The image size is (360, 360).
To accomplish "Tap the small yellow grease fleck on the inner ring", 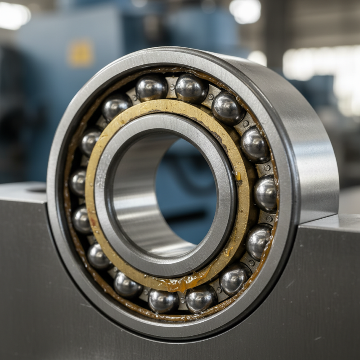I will [x=238, y=176].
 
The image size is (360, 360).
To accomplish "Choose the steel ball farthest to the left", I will [x=78, y=182].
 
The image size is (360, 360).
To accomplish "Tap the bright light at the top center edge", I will [x=245, y=10].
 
